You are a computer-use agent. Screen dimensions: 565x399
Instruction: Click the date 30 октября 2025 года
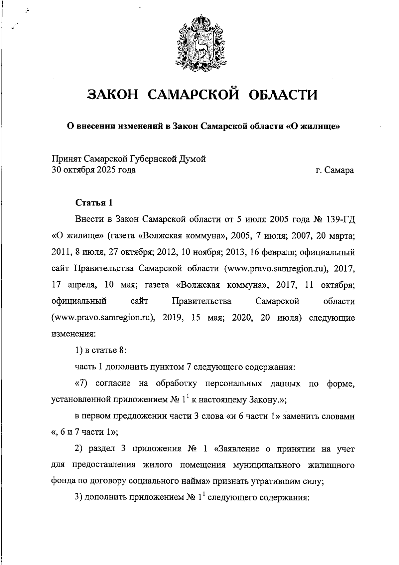coord(94,170)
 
